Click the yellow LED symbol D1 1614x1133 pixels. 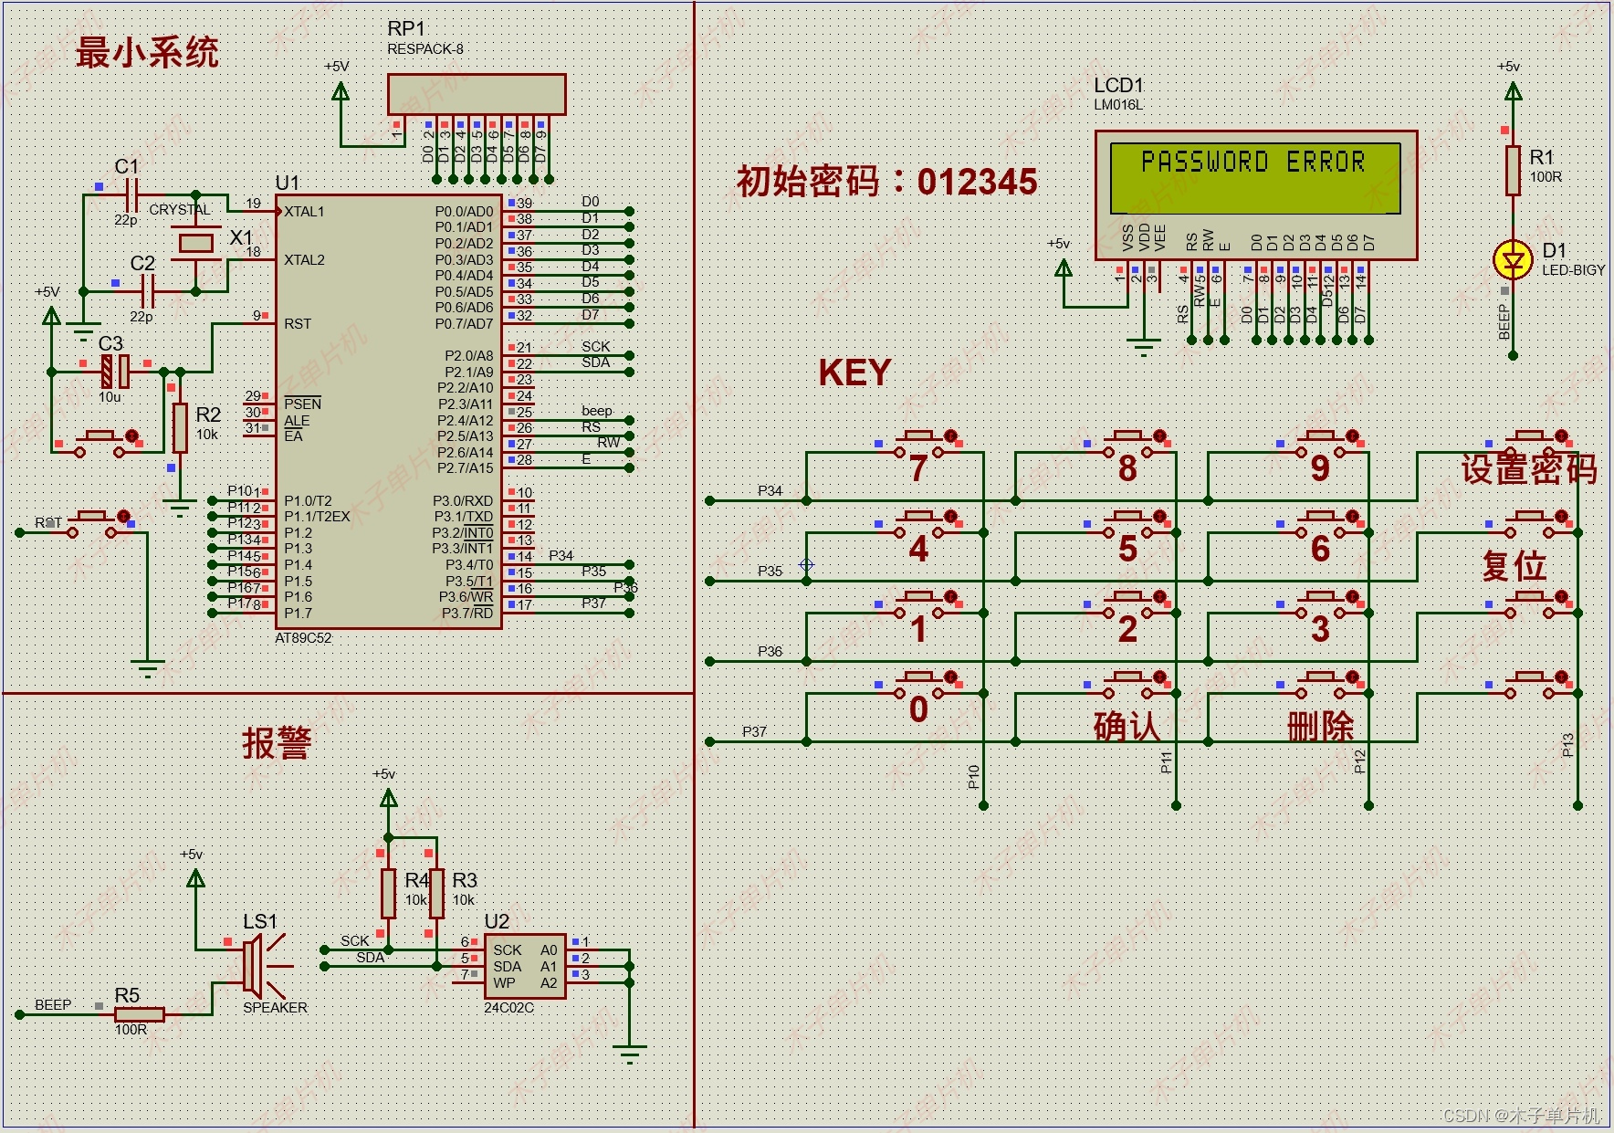point(1513,260)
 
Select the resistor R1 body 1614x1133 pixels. point(1513,170)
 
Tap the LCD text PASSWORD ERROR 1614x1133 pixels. point(1252,163)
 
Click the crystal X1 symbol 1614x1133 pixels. point(195,242)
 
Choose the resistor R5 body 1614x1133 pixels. point(139,1013)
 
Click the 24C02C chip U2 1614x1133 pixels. point(524,966)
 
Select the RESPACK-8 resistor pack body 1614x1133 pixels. point(476,95)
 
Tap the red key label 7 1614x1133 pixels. point(918,468)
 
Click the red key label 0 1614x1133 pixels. point(918,709)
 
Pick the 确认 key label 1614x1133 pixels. point(1127,727)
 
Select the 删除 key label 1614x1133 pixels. point(1320,727)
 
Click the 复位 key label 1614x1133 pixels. point(1514,566)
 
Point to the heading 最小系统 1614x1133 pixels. point(147,52)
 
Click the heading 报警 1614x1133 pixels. point(277,743)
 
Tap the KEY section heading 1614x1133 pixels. point(854,372)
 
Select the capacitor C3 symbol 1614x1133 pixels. point(114,372)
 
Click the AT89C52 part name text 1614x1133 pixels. point(303,638)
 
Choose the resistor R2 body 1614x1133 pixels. point(180,427)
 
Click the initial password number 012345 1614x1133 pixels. point(977,182)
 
